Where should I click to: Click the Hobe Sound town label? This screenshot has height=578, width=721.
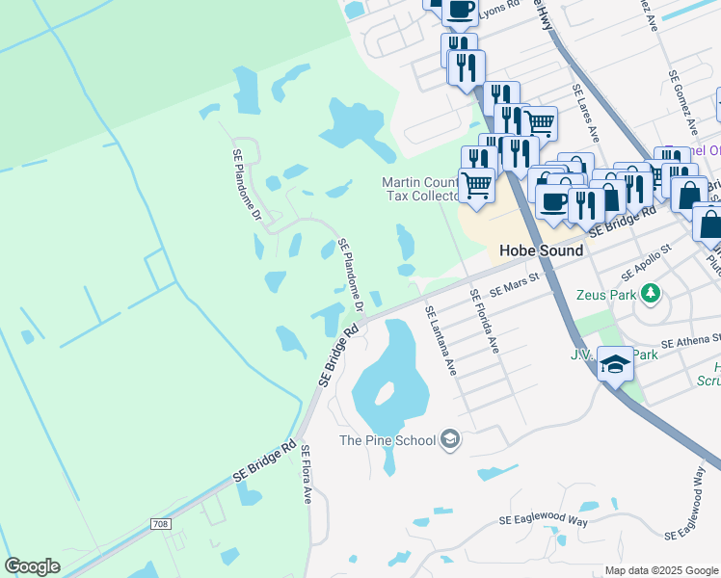pyautogui.click(x=541, y=250)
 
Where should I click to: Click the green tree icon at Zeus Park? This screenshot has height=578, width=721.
pyautogui.click(x=652, y=293)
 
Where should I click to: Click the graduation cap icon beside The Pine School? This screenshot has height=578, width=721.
pyautogui.click(x=449, y=440)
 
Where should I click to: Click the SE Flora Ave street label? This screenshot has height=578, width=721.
pyautogui.click(x=307, y=474)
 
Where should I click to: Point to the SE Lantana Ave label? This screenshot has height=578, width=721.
pyautogui.click(x=440, y=340)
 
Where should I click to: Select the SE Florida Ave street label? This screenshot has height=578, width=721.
pyautogui.click(x=484, y=321)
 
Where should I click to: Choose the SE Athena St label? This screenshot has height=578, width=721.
pyautogui.click(x=691, y=340)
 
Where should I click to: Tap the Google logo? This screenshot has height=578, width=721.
pyautogui.click(x=32, y=566)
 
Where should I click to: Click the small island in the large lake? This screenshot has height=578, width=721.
pyautogui.click(x=384, y=392)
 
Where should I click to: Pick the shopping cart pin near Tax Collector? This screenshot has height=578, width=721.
pyautogui.click(x=477, y=185)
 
